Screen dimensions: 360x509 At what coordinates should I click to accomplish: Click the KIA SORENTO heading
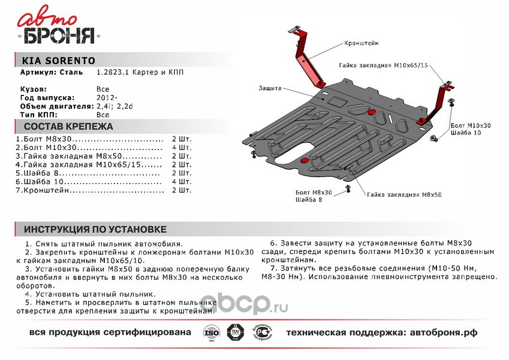click(58, 61)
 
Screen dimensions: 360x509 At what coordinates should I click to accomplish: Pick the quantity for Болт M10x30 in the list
click(181, 147)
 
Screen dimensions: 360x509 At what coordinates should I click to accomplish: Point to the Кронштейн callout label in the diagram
click(362, 44)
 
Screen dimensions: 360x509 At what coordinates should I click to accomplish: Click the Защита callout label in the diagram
click(270, 88)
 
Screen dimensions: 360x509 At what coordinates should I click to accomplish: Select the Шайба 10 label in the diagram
click(465, 133)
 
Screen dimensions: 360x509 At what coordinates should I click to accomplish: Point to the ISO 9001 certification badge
click(209, 333)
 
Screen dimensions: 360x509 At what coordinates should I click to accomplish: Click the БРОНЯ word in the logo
click(59, 37)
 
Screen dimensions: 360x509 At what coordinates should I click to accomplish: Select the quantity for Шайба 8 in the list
click(181, 173)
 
